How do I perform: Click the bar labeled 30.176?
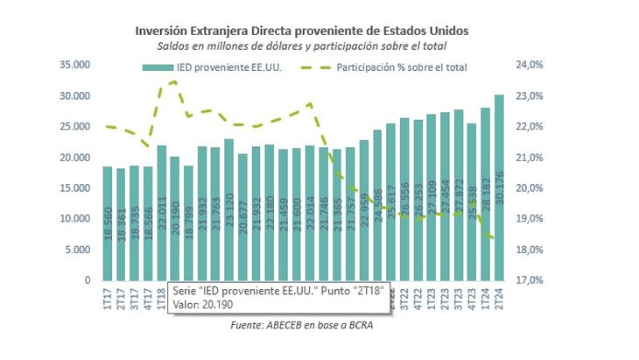click(x=499, y=187)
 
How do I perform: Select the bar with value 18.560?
click(x=108, y=223)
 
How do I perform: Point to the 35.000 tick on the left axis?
click(x=75, y=65)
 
